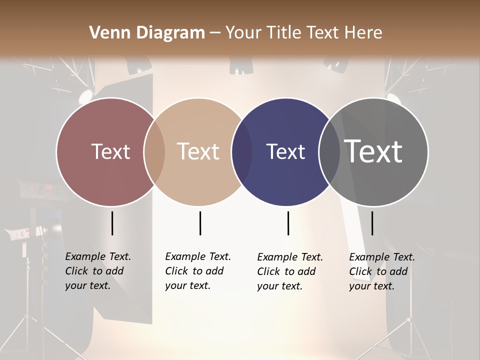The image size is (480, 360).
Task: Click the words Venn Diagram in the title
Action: pyautogui.click(x=147, y=33)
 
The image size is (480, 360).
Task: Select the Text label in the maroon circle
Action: pyautogui.click(x=110, y=151)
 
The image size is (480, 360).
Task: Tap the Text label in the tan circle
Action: pyautogui.click(x=198, y=151)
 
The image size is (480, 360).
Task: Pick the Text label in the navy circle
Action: pyautogui.click(x=286, y=151)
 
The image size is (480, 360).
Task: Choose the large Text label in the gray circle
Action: pyautogui.click(x=373, y=151)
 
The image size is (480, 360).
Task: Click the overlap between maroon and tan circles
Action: pyautogui.click(x=154, y=152)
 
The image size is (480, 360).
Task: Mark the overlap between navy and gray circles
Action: pyautogui.click(x=329, y=152)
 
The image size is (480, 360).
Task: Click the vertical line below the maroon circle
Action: pyautogui.click(x=112, y=223)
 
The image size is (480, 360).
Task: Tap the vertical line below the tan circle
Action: pyautogui.click(x=200, y=223)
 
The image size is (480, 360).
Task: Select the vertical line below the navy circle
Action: pyautogui.click(x=288, y=223)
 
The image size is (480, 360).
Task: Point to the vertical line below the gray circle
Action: pyautogui.click(x=372, y=223)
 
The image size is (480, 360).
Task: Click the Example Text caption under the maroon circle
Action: pyautogui.click(x=98, y=271)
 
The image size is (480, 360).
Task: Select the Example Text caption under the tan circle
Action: pyautogui.click(x=198, y=271)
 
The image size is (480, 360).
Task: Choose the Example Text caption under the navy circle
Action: pyautogui.click(x=290, y=271)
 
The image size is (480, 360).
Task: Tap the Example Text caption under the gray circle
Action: pyautogui.click(x=382, y=271)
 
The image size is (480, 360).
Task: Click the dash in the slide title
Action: pyautogui.click(x=215, y=33)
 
